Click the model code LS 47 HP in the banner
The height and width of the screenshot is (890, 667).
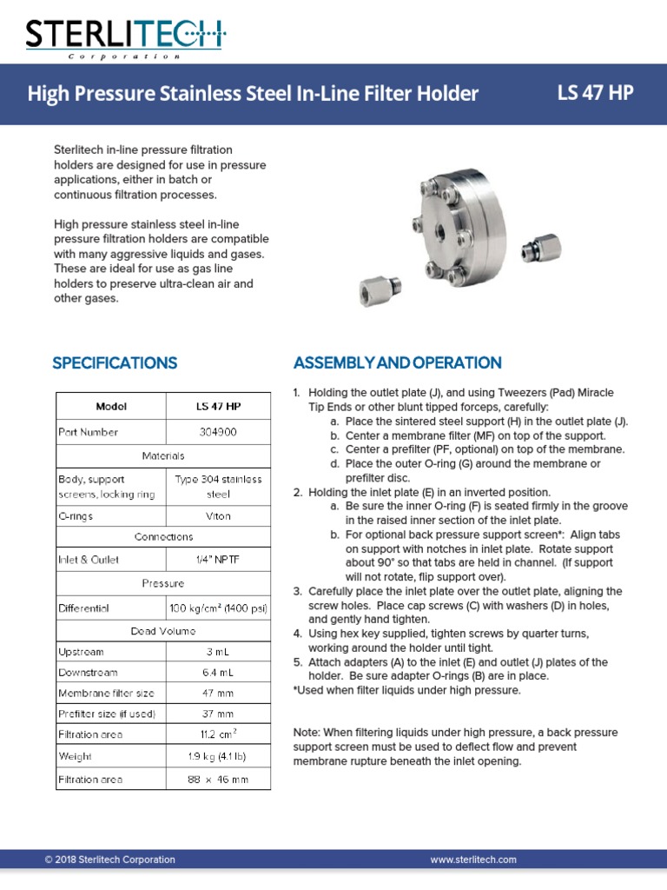click(595, 92)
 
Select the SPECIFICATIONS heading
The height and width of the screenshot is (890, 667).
click(115, 362)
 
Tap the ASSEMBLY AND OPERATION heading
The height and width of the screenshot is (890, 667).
click(397, 362)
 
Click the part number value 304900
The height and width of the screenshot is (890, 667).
click(217, 432)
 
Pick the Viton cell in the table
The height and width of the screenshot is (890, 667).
click(217, 515)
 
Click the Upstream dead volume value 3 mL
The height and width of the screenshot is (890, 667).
click(217, 651)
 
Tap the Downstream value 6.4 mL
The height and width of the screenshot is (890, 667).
click(217, 672)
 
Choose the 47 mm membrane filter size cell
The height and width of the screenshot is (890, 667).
click(217, 693)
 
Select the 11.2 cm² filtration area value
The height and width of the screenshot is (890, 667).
click(217, 734)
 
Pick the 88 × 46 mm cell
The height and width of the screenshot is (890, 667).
click(217, 780)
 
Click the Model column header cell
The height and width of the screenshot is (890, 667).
click(111, 406)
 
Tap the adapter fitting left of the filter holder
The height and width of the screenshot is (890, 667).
click(379, 285)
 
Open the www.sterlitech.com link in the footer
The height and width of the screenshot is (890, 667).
click(473, 860)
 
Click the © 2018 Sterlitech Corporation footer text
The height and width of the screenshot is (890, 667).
click(109, 860)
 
